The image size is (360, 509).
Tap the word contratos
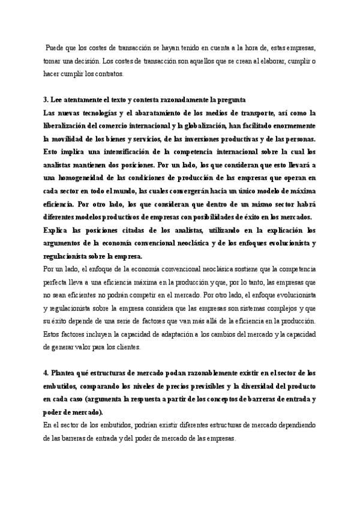[107, 74]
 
